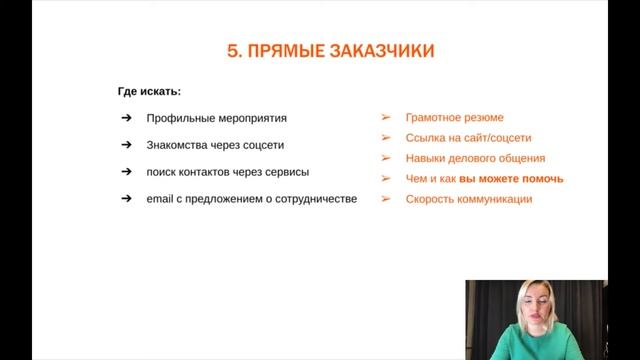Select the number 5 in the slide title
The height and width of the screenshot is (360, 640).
[233, 51]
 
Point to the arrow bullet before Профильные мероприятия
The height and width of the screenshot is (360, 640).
[125, 118]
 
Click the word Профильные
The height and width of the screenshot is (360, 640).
[176, 118]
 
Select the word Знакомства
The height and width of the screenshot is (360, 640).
[177, 144]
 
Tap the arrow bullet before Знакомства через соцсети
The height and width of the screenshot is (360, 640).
[125, 144]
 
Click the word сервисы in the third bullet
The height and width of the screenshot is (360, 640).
[286, 171]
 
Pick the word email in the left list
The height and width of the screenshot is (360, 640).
[161, 198]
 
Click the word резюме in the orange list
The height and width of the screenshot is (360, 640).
[483, 117]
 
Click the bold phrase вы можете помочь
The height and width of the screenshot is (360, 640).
[511, 179]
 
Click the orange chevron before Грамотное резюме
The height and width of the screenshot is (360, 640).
[386, 117]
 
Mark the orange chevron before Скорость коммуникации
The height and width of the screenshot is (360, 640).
[386, 199]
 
